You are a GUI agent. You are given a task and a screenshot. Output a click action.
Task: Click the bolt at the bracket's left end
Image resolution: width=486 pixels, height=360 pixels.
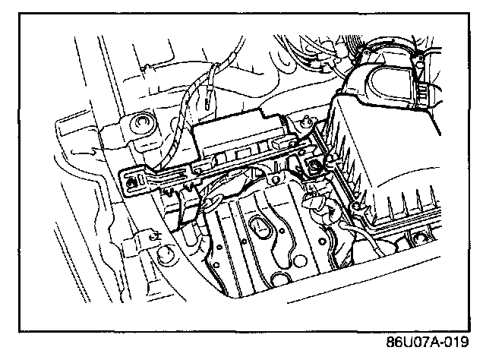point(134,181)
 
